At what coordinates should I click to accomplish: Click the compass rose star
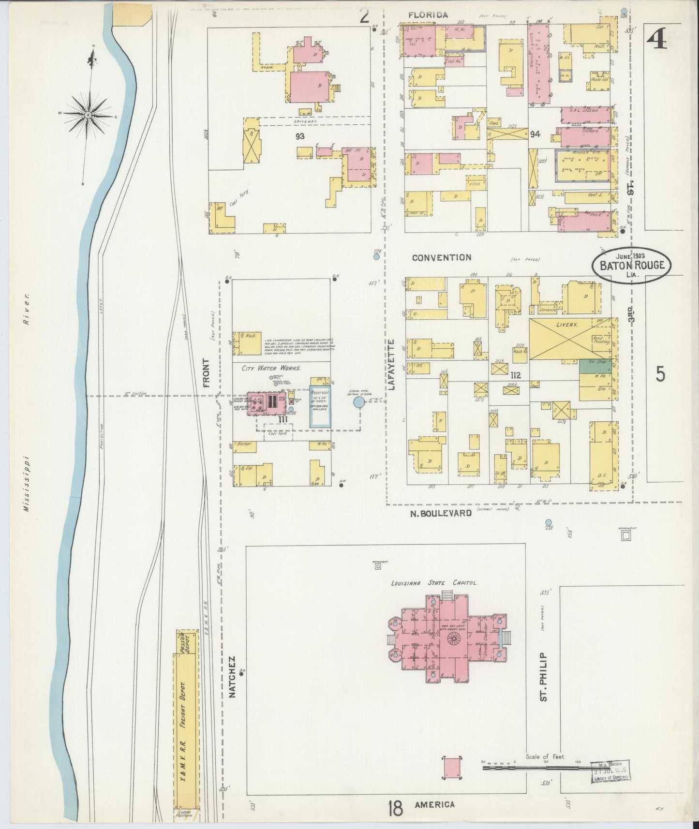point(89,115)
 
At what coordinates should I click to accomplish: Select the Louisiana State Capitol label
point(434,583)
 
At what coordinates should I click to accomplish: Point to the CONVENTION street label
point(441,257)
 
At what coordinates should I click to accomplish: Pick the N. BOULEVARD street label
point(440,513)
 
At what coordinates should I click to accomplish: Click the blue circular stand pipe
point(358,402)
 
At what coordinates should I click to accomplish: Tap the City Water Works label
point(271,368)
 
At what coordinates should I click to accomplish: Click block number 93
point(300,136)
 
